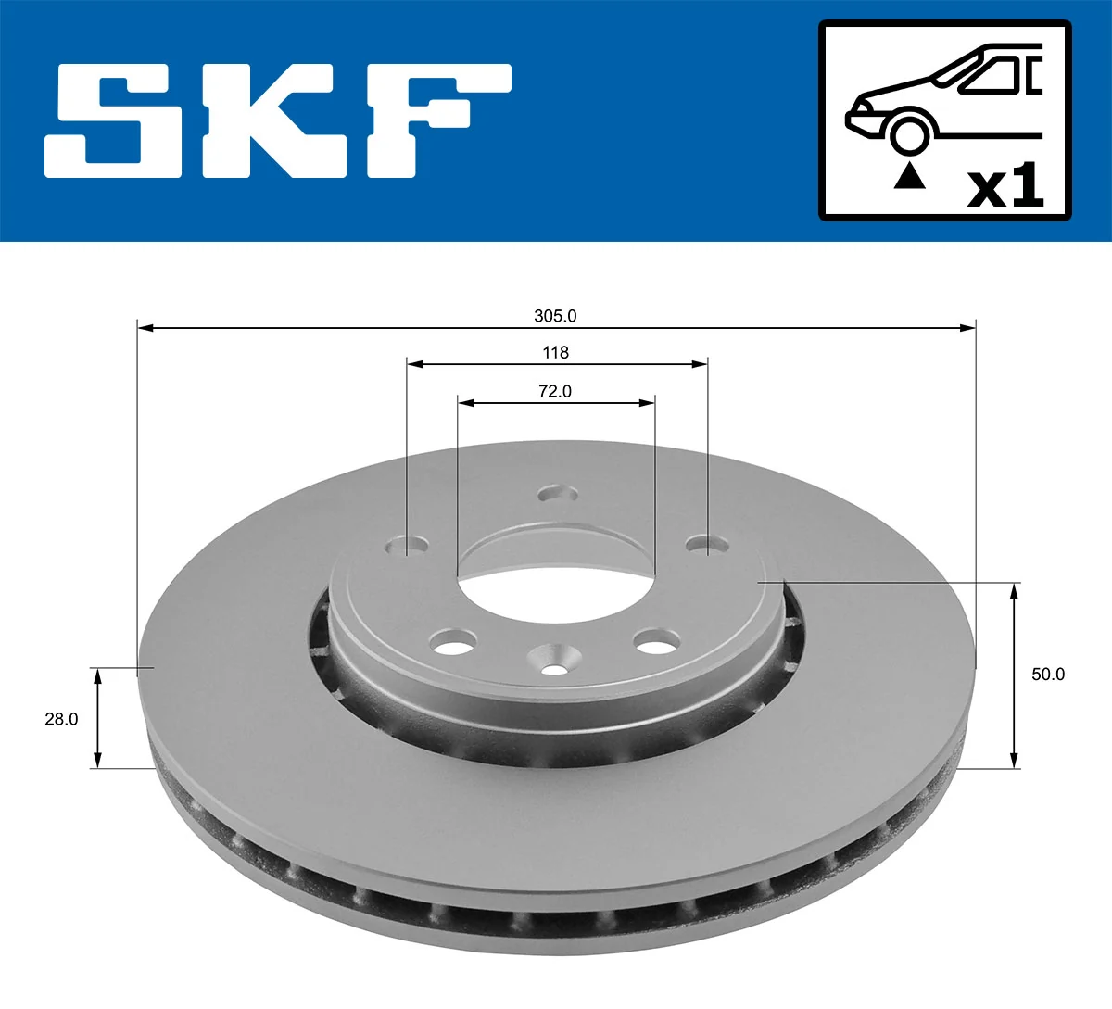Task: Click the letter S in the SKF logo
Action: coord(114,120)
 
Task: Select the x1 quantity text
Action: coord(1005,187)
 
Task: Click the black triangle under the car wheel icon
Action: coord(909,176)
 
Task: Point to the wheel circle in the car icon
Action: coord(909,132)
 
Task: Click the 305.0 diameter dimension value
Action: coord(555,316)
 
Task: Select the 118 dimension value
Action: coord(556,352)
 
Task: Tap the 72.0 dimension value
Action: coord(555,391)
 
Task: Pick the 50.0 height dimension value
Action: coord(1048,675)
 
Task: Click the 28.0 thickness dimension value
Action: coord(61,718)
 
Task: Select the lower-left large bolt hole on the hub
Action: coord(454,640)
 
